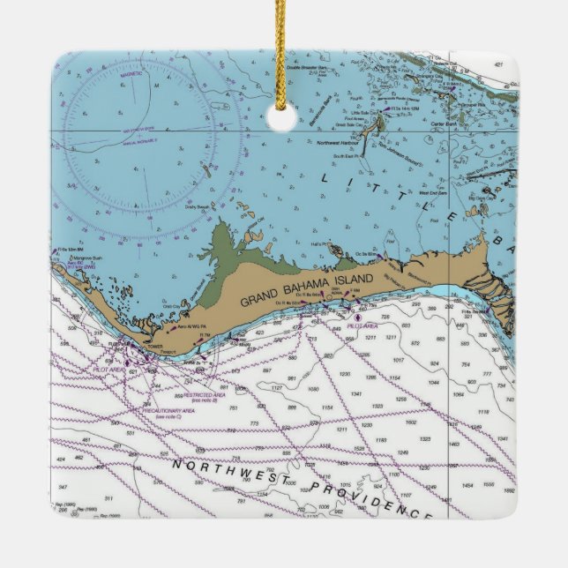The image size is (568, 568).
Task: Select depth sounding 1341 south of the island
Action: tap(355, 395)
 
